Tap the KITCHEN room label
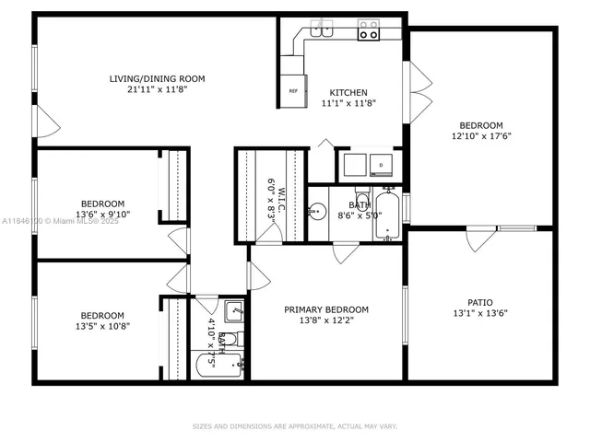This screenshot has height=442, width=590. point(348,93)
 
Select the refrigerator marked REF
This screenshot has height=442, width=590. point(293,90)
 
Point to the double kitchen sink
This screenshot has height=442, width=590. point(322,29)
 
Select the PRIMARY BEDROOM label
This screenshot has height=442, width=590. point(326,309)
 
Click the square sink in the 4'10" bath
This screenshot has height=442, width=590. point(234,311)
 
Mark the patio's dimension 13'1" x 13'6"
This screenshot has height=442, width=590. point(480,313)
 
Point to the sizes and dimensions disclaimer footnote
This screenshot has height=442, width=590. point(294,426)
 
